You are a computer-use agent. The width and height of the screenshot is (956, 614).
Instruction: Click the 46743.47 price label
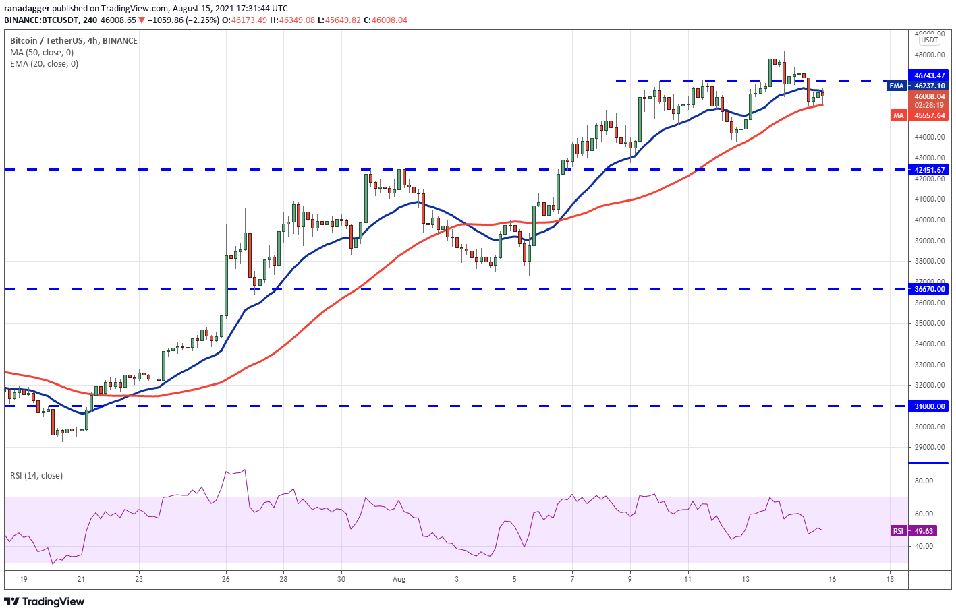pos(929,75)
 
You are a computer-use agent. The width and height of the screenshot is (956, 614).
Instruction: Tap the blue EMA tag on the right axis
pos(896,86)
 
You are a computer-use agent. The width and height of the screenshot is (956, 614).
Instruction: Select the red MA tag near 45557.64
pos(898,115)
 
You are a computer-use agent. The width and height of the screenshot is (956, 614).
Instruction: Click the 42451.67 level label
pos(929,170)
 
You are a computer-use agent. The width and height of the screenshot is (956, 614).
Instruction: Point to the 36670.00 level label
pos(929,289)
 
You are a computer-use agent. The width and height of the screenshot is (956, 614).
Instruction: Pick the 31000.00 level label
pos(929,406)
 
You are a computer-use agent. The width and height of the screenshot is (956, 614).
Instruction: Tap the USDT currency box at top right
pos(929,40)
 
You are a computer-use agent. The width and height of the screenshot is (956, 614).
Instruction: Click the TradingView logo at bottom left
pos(45,601)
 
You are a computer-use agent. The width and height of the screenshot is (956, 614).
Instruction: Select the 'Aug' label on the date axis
pos(399,578)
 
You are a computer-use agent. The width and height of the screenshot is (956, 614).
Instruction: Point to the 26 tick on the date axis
pos(225,578)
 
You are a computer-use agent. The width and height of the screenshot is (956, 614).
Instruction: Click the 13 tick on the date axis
pos(746,578)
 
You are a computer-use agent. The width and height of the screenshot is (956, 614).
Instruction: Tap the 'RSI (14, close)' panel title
pos(36,475)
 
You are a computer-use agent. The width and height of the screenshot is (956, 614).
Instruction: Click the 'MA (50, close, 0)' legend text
pos(42,53)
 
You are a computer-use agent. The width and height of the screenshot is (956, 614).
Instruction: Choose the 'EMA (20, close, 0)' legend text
pos(44,64)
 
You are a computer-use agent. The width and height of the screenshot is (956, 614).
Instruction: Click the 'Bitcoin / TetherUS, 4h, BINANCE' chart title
pos(74,41)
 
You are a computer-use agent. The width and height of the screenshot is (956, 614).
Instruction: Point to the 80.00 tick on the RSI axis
pos(924,481)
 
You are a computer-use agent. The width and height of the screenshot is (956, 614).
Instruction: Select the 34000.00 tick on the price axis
pos(929,344)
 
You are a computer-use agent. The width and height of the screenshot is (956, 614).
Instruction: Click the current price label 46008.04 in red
pos(929,96)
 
